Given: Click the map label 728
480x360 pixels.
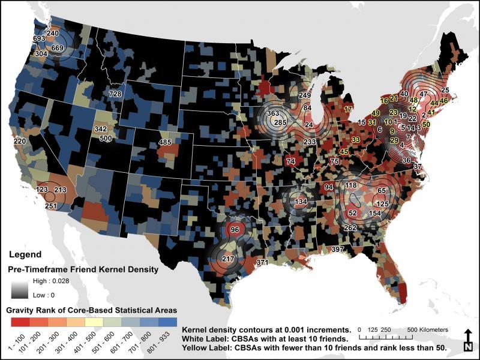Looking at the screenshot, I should click(x=115, y=95).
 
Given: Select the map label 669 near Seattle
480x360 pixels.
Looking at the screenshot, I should click(x=58, y=48).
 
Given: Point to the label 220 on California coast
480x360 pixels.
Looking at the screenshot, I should click(x=20, y=141).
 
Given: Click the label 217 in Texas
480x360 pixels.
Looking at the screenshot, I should click(x=228, y=259).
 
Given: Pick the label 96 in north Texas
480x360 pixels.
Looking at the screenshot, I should click(x=235, y=230).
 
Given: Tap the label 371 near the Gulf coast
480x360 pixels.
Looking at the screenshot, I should click(x=262, y=263).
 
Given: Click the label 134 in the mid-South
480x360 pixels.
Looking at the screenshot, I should click(x=301, y=202).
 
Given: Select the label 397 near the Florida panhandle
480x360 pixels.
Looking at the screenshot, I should click(x=338, y=249).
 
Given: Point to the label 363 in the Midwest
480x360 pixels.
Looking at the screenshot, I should click(x=273, y=113).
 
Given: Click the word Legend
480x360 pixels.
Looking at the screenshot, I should click(x=24, y=254).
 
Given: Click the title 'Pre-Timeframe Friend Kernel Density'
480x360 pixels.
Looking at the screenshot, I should click(x=83, y=269).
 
